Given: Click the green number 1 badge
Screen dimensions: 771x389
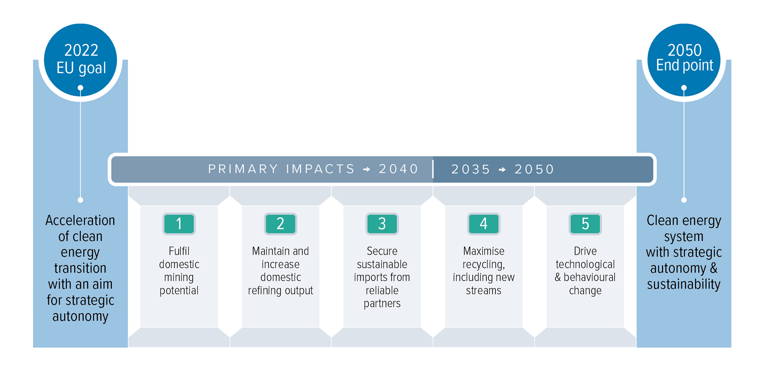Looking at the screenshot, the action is point(179,224).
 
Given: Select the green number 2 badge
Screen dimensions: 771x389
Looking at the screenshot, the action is point(281,224).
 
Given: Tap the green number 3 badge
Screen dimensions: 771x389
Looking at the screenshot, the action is point(382,224).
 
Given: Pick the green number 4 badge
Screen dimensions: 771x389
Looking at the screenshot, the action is point(484,224).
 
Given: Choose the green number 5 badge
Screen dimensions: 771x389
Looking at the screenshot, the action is point(585,224).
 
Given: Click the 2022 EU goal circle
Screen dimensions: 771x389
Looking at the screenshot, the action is point(81,60).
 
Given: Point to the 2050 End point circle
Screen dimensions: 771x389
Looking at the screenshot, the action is point(684,60).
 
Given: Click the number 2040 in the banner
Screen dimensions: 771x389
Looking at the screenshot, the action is point(399,169).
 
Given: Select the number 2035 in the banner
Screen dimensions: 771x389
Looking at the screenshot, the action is point(471,169).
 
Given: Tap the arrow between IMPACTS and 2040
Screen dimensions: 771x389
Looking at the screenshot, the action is point(367,169).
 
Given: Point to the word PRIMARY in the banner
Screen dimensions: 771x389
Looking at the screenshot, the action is point(243,169).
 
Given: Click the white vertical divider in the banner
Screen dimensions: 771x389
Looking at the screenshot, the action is point(433,169).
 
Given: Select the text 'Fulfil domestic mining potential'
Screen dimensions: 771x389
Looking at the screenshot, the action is point(179,271).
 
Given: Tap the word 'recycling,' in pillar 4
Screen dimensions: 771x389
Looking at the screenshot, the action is point(484,265).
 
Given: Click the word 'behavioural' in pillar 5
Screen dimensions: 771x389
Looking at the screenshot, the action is point(589,277).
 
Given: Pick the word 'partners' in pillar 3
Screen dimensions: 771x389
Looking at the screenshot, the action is point(382,304).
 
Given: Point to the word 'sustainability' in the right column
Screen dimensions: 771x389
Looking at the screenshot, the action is point(684,284).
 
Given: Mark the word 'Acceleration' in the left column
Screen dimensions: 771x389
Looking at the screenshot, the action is point(80,220).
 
